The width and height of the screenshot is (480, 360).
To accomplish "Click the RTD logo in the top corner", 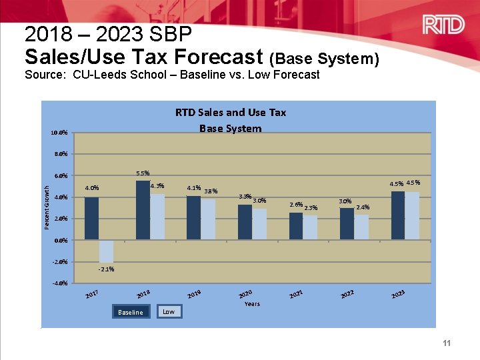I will tap(443, 25).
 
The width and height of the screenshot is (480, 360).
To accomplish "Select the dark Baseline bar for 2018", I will tap(143, 210).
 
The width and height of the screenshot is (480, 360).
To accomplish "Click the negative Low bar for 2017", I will tap(106, 251).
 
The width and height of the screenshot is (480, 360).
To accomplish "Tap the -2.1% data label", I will tap(106, 269).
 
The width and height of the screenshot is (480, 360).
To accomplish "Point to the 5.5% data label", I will tap(143, 173).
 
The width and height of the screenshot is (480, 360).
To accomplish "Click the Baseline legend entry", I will tap(130, 312).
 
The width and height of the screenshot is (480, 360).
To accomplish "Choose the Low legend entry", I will tap(169, 311).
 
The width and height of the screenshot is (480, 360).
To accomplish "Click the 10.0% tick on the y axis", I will tap(59, 133).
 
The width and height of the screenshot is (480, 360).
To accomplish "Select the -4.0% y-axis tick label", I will tap(59, 283).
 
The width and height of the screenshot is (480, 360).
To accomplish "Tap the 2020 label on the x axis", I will tap(245, 294).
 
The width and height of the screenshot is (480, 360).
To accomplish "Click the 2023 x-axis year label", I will tap(399, 294).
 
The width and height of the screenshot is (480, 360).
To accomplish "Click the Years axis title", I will tap(252, 303).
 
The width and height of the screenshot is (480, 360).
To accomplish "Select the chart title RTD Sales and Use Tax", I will tap(230, 112).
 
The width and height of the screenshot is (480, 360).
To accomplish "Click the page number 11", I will tap(447, 343).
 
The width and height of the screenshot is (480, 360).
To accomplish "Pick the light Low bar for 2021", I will tap(310, 227).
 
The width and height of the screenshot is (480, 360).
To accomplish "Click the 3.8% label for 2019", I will tap(211, 191).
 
